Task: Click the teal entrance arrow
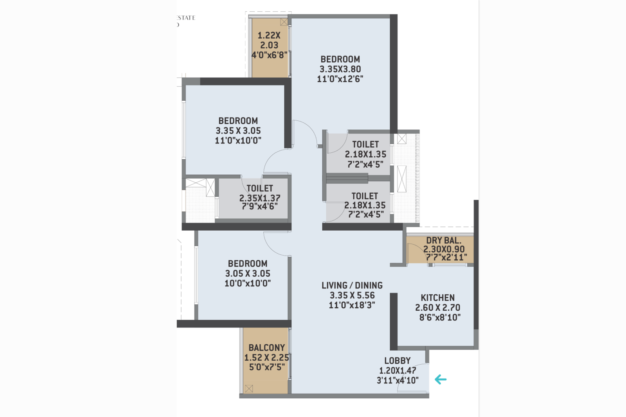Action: tap(441, 379)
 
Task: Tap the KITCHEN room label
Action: tap(437, 298)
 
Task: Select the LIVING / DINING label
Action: tap(352, 286)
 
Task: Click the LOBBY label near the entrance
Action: tap(397, 361)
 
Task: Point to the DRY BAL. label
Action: tap(443, 241)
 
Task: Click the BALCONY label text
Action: tap(266, 348)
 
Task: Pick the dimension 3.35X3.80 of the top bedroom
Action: tap(340, 69)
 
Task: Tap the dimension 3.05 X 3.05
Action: tap(248, 274)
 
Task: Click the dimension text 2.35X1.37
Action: tap(260, 198)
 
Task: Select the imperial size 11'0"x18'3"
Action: tap(352, 305)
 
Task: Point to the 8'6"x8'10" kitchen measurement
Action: tap(439, 317)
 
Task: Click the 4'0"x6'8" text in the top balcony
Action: tap(269, 55)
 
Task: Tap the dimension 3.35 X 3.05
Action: tap(238, 131)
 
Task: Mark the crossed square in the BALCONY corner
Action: tap(249, 388)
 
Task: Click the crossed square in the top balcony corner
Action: tap(284, 22)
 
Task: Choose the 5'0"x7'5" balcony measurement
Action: tap(267, 367)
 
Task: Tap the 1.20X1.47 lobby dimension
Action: tap(397, 370)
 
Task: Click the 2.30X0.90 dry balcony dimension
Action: tap(444, 249)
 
